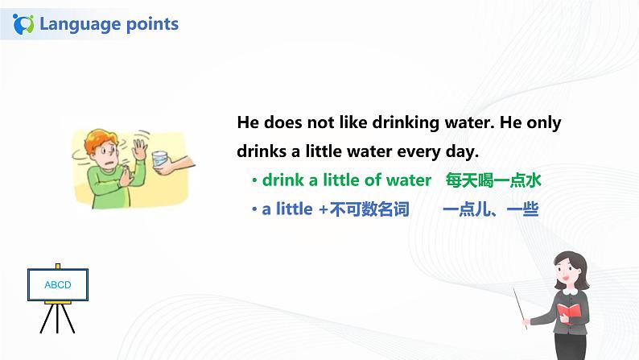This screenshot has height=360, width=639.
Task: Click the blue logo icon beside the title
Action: click(x=24, y=23)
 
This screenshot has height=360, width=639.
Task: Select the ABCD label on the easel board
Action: click(x=57, y=285)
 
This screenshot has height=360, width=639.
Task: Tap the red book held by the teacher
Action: click(x=569, y=312)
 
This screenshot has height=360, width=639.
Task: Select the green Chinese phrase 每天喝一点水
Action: click(x=493, y=180)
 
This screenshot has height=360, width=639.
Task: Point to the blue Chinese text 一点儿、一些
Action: click(x=490, y=209)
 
